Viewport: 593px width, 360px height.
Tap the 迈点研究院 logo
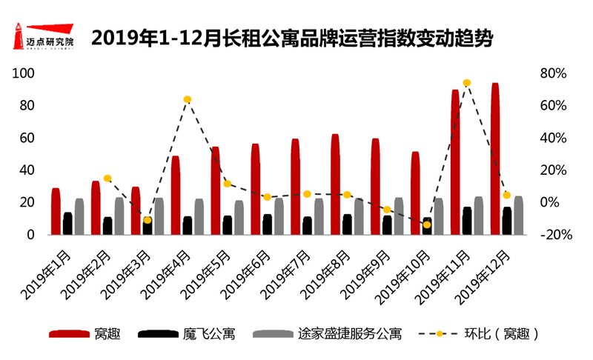44,37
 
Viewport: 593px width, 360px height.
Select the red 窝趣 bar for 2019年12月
495,159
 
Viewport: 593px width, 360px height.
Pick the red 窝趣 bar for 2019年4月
176,195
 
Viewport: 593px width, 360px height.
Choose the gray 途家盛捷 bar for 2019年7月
319,216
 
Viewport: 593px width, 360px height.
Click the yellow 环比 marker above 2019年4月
188,99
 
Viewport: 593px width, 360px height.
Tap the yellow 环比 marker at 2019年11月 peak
466,83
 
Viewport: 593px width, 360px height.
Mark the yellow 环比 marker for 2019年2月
107,179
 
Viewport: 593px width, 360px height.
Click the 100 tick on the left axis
25,73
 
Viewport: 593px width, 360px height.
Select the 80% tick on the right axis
554,73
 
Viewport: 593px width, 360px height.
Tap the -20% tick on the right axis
552,235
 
